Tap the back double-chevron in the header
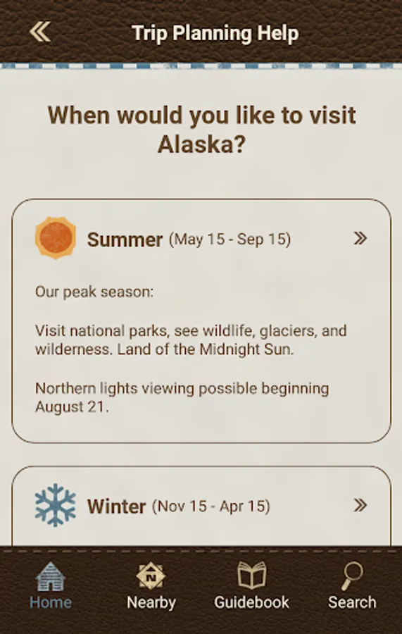point(40,32)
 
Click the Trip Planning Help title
point(215,33)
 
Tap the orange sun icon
point(56,238)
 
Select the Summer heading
point(125,240)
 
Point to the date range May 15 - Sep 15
point(230,239)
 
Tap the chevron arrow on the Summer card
point(360,238)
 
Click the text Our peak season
point(94,292)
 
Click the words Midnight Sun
point(246,349)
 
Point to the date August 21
point(72,406)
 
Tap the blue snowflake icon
point(56,505)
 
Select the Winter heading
point(116,506)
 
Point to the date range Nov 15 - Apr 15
point(211,506)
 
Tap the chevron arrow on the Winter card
point(360,505)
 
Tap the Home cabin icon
point(51,576)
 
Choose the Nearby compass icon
point(151,576)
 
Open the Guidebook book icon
point(251,576)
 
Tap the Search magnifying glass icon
point(352,576)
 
